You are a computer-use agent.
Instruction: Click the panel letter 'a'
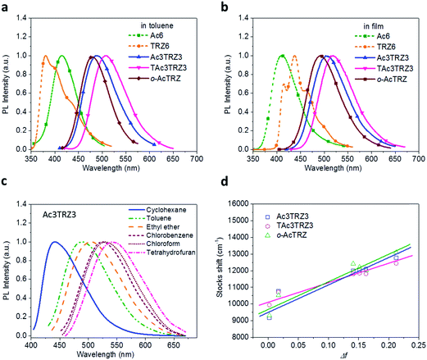[x=6, y=7]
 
